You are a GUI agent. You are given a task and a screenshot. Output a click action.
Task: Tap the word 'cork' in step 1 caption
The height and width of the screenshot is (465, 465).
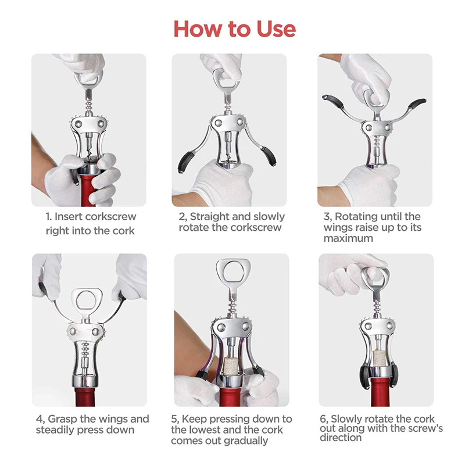tap(123, 231)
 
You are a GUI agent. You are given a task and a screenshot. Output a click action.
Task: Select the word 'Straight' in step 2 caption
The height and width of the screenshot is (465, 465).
tap(211, 217)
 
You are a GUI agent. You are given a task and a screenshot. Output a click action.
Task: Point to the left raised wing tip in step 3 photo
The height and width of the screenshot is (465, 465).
tap(329, 101)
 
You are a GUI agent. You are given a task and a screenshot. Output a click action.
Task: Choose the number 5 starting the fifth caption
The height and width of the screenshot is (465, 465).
tap(174, 419)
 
